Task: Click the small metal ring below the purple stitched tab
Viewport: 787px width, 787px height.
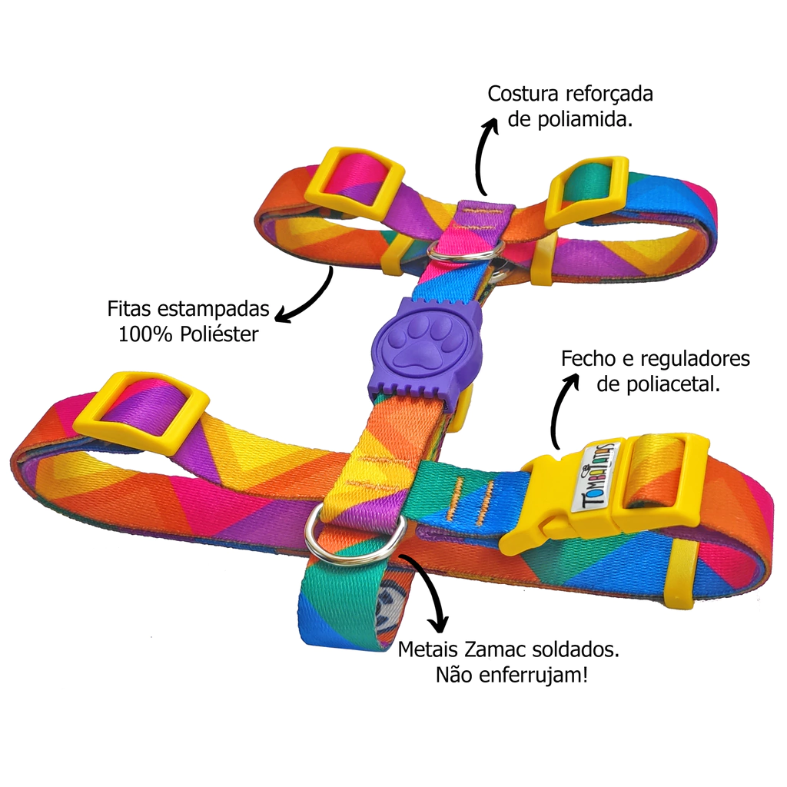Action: coord(465,248)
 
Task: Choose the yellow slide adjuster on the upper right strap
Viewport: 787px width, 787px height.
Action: coord(586,192)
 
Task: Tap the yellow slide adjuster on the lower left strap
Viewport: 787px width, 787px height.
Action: coord(151,411)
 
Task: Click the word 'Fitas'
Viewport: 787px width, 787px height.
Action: coord(132,309)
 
